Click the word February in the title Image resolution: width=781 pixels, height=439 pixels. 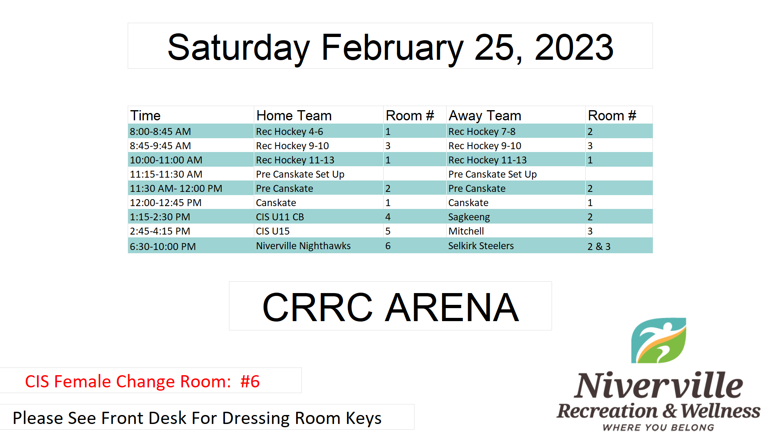[392, 48]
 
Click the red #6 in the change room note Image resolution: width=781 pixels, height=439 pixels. [250, 382]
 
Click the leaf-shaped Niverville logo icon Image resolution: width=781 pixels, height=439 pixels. [659, 341]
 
